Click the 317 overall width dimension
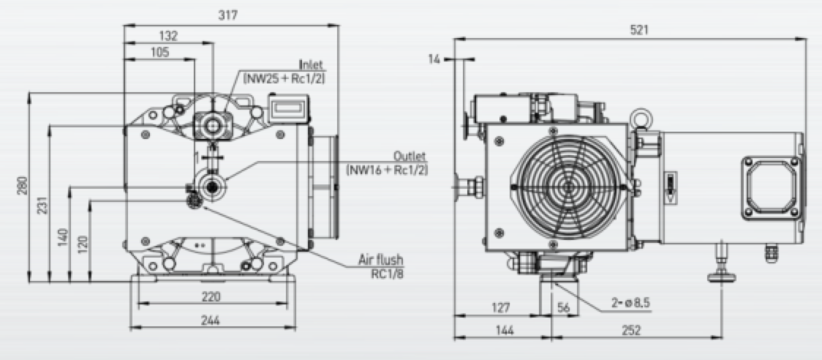[x=231, y=15]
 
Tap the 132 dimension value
[x=168, y=35]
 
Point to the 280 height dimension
[x=23, y=187]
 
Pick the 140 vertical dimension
[x=62, y=236]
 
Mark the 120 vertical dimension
[x=81, y=241]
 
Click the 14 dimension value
[x=437, y=59]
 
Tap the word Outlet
[x=410, y=157]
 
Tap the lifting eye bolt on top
[x=641, y=116]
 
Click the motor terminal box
[x=768, y=186]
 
